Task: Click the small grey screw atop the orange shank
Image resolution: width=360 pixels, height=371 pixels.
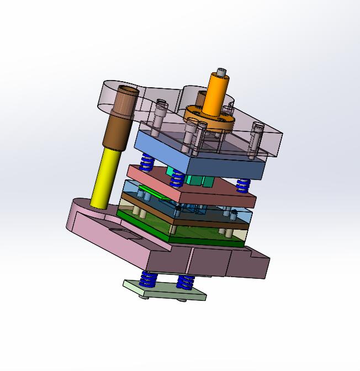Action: [221, 72]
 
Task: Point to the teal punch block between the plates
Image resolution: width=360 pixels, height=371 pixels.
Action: [196, 180]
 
